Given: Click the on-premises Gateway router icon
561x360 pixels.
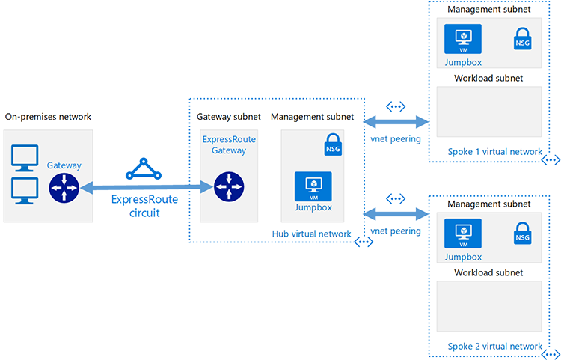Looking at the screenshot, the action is click(x=64, y=188).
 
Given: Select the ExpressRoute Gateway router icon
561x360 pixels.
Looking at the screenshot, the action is click(x=229, y=187).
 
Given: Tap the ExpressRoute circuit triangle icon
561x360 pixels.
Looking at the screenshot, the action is click(x=144, y=169).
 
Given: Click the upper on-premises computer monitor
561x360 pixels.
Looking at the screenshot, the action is click(x=25, y=158).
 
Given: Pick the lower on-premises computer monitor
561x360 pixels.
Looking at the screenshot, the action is click(x=25, y=191).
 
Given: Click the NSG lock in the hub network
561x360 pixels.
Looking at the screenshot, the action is click(x=333, y=144).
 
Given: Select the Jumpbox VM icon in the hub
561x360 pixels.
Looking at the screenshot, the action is click(x=313, y=186).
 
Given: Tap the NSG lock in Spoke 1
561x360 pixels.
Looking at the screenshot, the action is click(x=522, y=39).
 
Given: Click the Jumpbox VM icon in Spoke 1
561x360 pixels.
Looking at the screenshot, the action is click(x=463, y=39).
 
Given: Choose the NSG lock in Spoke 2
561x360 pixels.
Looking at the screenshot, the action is click(x=522, y=234).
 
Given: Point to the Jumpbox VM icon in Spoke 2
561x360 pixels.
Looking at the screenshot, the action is click(x=463, y=234).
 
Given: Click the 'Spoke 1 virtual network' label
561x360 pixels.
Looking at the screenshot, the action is click(x=495, y=152).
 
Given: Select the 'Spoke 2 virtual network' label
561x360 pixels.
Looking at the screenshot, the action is click(x=495, y=347).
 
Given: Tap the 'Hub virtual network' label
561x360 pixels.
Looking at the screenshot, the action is click(x=312, y=234).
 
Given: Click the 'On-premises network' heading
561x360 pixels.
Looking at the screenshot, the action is click(x=48, y=117).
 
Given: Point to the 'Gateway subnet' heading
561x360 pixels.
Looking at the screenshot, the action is click(x=229, y=117).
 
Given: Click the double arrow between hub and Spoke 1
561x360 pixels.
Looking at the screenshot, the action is click(x=396, y=122).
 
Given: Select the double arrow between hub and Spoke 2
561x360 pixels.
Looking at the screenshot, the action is click(x=396, y=214).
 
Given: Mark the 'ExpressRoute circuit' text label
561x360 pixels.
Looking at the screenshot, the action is click(x=144, y=206).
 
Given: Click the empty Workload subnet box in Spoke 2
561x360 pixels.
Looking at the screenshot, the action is click(x=489, y=306).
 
